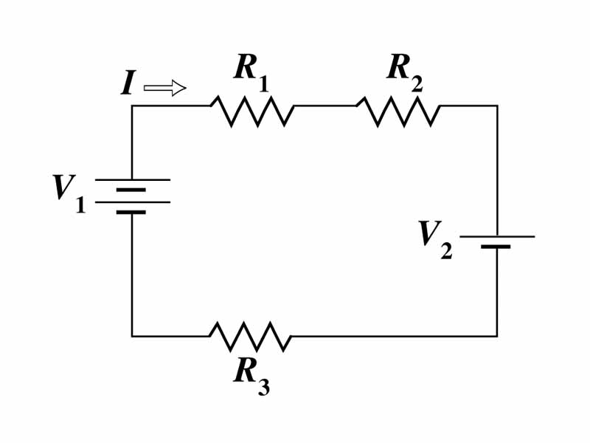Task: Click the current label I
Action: pos(128,84)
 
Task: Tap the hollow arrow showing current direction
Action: pos(164,89)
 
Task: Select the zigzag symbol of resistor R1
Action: pos(252,110)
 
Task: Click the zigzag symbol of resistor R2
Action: pos(398,110)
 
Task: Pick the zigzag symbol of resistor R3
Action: pos(251,337)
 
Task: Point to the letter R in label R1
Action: pos(246,67)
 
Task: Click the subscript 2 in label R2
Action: pos(417,83)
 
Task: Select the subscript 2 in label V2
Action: pos(446,252)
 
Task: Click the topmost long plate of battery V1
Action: pos(132,179)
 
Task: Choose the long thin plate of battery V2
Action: pos(497,236)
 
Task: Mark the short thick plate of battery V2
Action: pos(496,247)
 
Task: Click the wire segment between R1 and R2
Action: pos(325,106)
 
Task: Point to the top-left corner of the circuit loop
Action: pos(132,106)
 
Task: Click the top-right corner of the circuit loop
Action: pos(497,106)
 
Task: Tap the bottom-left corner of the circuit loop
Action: pos(132,336)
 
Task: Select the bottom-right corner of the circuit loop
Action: pos(497,336)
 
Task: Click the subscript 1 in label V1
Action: pos(80,205)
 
